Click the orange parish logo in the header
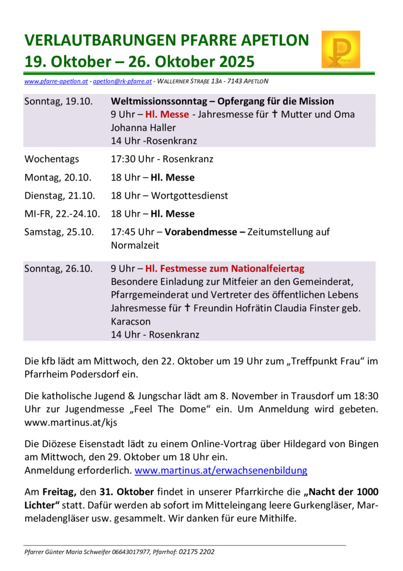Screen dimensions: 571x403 (x=340, y=49)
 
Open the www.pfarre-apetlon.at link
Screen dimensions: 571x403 (x=56, y=81)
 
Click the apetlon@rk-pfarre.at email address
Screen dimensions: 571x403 (x=122, y=81)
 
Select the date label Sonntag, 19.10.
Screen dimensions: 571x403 (x=58, y=101)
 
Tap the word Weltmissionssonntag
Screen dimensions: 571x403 (x=160, y=101)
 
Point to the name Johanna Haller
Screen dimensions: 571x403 (x=143, y=128)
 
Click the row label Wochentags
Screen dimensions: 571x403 (x=52, y=159)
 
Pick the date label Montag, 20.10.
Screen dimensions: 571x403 (x=58, y=178)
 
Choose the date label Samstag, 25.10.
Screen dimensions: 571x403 (x=59, y=232)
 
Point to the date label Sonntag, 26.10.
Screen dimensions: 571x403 (x=58, y=269)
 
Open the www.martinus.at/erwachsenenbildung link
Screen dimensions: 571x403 (x=221, y=470)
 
